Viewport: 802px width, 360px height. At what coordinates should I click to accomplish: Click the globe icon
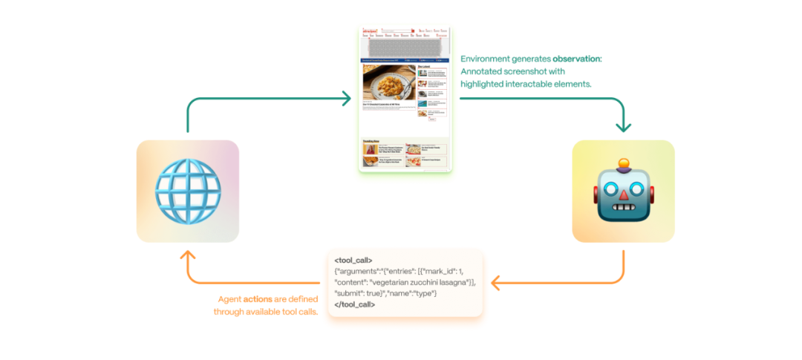(x=187, y=192)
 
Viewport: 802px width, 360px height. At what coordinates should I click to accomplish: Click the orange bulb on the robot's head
(x=624, y=163)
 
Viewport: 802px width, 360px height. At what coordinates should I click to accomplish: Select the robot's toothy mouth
(x=623, y=211)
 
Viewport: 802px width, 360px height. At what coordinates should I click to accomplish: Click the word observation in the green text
(x=577, y=59)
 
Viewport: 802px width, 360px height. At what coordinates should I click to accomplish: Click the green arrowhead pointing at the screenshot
(x=345, y=97)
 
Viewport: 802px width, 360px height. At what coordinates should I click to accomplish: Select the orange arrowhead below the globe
(x=187, y=255)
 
